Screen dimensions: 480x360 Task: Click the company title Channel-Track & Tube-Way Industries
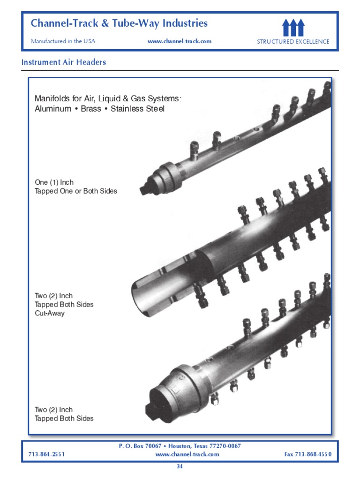coord(119,23)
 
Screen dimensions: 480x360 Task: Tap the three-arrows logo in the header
coord(293,28)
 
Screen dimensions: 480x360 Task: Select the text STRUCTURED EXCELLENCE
coord(293,42)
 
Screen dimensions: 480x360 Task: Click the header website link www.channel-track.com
coord(180,41)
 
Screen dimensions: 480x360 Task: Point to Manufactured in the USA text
coord(63,41)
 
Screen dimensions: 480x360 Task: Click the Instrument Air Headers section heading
coord(64,62)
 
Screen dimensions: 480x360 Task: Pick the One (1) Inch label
coord(54,182)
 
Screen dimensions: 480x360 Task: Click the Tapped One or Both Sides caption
coord(76,191)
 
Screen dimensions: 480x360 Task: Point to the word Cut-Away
coord(50,313)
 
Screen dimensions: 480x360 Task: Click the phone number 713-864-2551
coord(46,454)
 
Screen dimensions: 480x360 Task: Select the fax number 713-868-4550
coord(307,454)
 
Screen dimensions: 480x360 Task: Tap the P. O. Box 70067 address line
coord(180,446)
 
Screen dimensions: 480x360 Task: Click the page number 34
coord(180,466)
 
